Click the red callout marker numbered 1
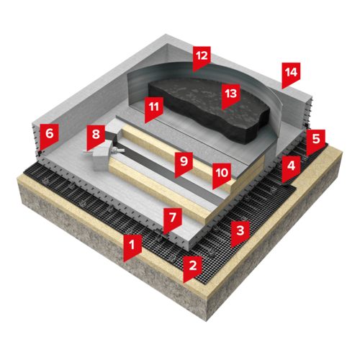[132, 246]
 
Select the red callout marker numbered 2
[192, 267]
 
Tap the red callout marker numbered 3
[240, 232]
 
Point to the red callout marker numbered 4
[291, 167]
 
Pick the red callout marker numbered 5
[316, 140]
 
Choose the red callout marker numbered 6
[49, 135]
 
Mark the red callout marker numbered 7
[173, 219]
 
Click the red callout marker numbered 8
[96, 136]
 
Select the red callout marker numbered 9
[184, 163]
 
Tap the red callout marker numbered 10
[222, 174]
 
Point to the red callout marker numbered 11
[154, 108]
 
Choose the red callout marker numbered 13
[230, 95]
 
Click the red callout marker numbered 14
[291, 73]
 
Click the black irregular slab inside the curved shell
[209, 110]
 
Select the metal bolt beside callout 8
[117, 150]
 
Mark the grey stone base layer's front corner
[206, 321]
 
